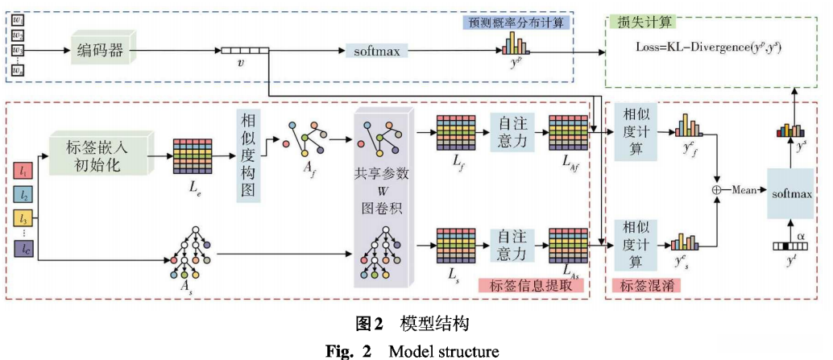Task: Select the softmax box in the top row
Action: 375,52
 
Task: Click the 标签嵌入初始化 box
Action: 99,151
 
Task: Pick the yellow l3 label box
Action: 26,217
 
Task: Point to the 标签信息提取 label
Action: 529,285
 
